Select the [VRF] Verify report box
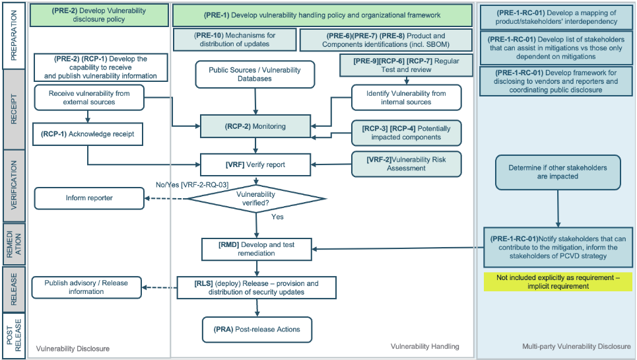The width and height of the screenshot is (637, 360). click(255, 164)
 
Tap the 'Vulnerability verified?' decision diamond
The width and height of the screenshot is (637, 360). click(255, 199)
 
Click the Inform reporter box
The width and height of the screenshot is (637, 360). click(88, 198)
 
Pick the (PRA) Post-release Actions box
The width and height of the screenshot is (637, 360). click(257, 329)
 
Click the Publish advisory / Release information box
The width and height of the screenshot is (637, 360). click(86, 287)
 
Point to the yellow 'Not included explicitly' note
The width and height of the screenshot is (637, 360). click(558, 282)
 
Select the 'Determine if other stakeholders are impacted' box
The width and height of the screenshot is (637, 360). click(558, 172)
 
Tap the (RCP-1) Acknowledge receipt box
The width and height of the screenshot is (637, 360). click(87, 134)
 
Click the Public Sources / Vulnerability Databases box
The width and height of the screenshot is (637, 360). click(254, 75)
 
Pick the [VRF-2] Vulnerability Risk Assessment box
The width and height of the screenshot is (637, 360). click(405, 164)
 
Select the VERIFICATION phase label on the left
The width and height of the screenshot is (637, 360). click(15, 185)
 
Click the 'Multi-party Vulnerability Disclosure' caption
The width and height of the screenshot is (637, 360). click(576, 346)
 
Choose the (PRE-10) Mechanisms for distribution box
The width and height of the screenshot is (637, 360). click(234, 40)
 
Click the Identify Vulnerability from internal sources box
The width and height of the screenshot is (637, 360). click(405, 98)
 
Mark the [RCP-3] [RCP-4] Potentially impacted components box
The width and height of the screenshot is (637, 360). click(405, 132)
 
